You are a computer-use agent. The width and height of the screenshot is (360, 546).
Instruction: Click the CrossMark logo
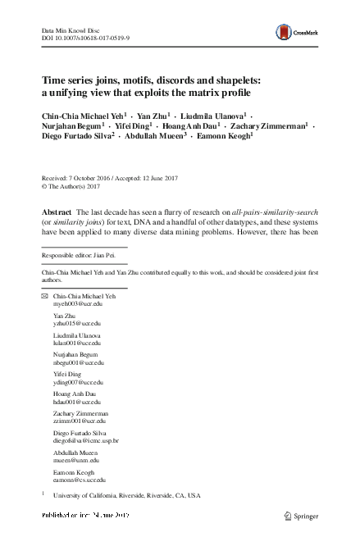(289, 30)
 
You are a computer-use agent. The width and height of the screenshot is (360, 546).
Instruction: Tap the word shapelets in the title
(232, 81)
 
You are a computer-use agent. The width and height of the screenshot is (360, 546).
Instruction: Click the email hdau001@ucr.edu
(73, 401)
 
